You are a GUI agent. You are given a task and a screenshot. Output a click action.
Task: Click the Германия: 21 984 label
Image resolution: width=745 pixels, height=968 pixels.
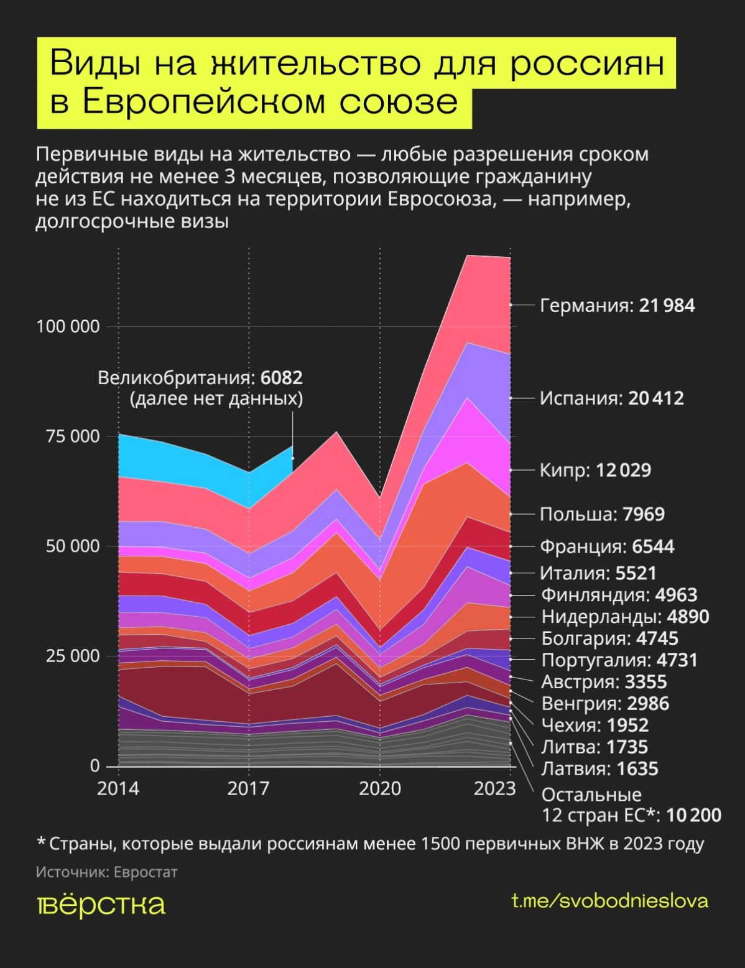point(617,305)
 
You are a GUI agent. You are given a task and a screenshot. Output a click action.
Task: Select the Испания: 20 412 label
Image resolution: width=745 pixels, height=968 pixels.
point(611,398)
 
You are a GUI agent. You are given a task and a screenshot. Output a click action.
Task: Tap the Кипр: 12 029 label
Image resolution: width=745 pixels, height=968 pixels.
point(595,470)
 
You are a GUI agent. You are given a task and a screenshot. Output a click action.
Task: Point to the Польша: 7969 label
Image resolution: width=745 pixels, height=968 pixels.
point(602,514)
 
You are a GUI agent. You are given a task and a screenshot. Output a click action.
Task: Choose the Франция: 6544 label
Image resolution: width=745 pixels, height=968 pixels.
point(606,546)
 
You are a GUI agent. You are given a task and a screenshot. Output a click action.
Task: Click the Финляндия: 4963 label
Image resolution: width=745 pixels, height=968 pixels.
point(619,595)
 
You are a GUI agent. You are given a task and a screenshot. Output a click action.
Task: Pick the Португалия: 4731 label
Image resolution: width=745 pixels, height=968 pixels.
point(619,660)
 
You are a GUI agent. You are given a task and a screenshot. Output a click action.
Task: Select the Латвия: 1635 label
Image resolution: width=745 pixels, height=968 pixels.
point(599,769)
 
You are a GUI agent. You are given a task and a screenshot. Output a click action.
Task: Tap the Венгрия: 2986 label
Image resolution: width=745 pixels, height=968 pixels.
point(605,704)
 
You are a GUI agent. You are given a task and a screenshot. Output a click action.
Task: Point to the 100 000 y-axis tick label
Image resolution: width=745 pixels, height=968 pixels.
point(68,326)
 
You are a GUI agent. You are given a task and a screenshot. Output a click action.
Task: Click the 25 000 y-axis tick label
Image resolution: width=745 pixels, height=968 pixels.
point(72,656)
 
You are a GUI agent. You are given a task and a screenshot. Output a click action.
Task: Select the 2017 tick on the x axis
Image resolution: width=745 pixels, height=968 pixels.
point(248,789)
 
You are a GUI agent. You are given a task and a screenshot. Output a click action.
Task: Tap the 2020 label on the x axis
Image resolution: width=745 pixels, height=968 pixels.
point(380,789)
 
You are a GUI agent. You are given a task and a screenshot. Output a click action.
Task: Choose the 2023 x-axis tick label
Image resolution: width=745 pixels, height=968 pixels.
point(494,789)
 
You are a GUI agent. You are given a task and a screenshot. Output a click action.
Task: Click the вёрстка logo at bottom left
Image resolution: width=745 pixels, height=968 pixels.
point(101,905)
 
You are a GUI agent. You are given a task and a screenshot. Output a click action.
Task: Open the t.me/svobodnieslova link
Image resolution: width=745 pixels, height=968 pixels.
point(609,901)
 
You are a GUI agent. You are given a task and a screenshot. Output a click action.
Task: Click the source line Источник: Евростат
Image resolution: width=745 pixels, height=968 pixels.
point(106,872)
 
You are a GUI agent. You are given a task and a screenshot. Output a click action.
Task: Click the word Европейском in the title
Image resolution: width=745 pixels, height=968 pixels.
point(204,103)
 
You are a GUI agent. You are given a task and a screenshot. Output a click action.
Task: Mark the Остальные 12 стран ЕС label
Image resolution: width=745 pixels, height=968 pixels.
point(631,804)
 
